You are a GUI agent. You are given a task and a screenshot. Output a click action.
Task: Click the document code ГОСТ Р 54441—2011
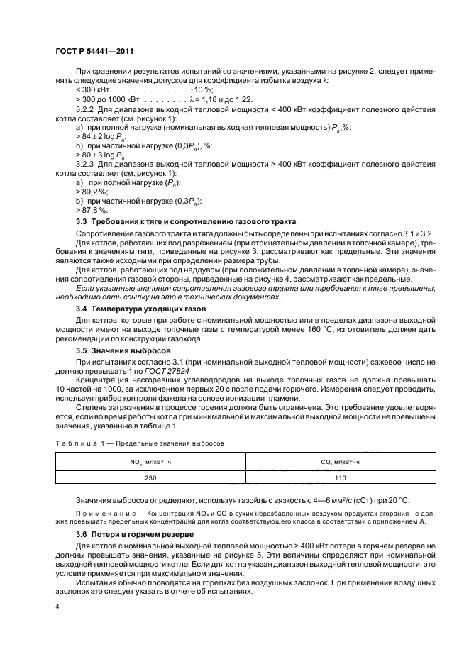point(94,52)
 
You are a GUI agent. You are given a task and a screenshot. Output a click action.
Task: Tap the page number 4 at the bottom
point(57,607)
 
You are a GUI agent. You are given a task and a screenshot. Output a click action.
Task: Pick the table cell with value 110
point(338,478)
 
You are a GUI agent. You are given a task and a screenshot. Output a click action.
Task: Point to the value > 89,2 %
point(91,191)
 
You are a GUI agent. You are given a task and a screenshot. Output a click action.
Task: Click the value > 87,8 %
point(91,210)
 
